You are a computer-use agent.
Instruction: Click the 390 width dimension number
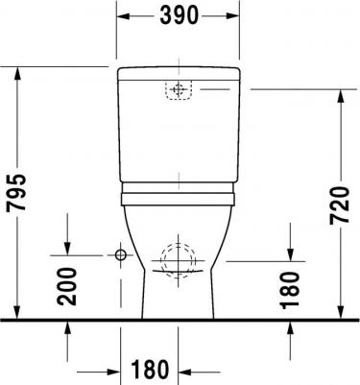(x=179, y=15)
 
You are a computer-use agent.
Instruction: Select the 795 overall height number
(x=16, y=193)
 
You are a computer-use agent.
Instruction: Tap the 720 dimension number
(x=340, y=205)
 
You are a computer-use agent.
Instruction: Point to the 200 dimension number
(x=67, y=287)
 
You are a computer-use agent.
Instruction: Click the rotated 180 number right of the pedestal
(x=290, y=290)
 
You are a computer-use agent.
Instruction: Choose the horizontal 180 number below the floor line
(x=150, y=369)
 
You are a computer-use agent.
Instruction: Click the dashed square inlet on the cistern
(x=179, y=90)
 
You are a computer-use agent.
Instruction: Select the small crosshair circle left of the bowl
(x=121, y=255)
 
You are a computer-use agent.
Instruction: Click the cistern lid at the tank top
(x=179, y=74)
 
